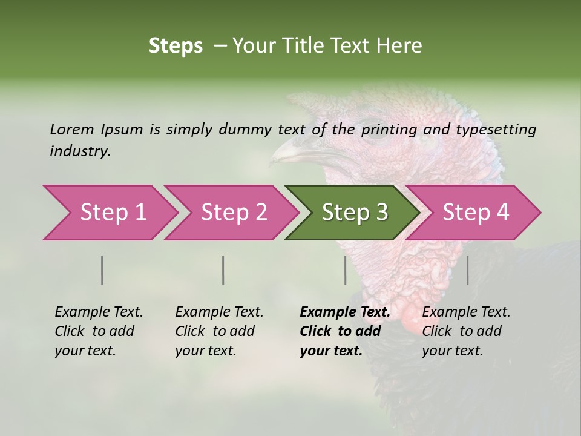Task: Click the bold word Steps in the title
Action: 176,46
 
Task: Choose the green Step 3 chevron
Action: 355,213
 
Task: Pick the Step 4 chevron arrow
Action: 476,213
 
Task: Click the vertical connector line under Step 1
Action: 102,270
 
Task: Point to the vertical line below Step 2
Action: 223,270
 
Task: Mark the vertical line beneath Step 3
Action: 345,270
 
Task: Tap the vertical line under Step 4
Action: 467,270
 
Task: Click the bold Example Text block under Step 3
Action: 345,331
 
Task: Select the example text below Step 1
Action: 99,331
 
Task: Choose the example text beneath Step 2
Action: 219,331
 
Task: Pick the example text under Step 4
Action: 466,331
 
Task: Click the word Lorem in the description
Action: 71,129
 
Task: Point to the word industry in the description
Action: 79,151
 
